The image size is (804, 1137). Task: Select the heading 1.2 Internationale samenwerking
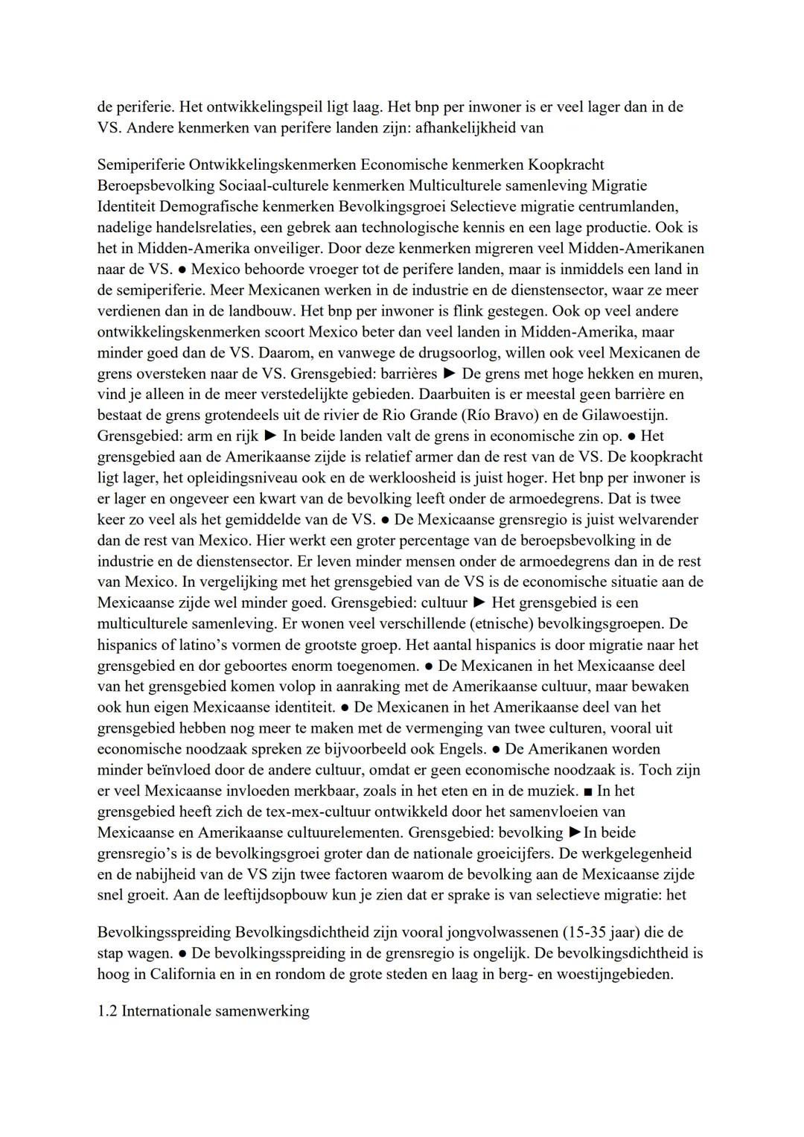[202, 1011]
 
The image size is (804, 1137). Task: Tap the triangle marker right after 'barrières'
[449, 373]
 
